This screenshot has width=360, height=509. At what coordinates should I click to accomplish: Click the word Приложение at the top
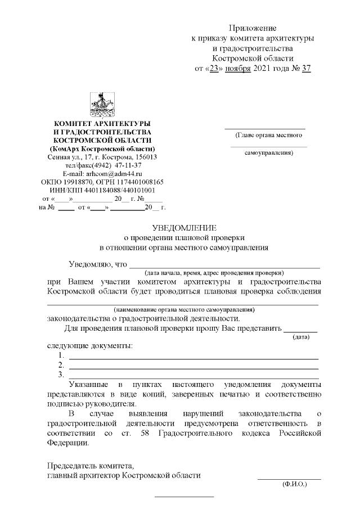pos(253,28)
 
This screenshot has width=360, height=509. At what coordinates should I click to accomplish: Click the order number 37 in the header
pos(305,69)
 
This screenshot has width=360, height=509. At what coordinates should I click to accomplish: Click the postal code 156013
pos(143,157)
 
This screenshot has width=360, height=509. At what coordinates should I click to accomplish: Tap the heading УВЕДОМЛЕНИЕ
pos(184,228)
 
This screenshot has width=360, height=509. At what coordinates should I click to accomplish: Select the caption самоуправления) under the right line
pos(269,152)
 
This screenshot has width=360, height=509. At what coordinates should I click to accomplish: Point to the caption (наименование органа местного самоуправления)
pos(184,309)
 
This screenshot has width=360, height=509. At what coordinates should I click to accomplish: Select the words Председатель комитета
pos(90,466)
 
